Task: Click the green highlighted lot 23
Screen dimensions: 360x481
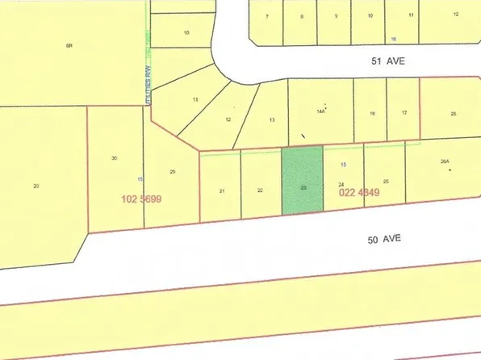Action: pos(302,179)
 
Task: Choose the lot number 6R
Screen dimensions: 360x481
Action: pos(69,46)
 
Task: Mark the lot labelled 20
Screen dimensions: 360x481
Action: pos(36,186)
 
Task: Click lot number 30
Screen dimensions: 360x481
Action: pos(115,158)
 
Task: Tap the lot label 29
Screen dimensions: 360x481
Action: pos(172,171)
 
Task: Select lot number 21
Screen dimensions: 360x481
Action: pos(221,190)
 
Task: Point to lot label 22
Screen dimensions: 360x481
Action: pos(260,190)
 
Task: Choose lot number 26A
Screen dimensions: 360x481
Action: pos(444,162)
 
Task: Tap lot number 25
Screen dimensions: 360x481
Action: pos(386,182)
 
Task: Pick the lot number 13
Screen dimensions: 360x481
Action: pos(273,119)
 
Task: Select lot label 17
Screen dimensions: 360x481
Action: pos(404,114)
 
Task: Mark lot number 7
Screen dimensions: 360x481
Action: pos(266,16)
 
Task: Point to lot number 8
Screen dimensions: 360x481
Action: pos(301,16)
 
